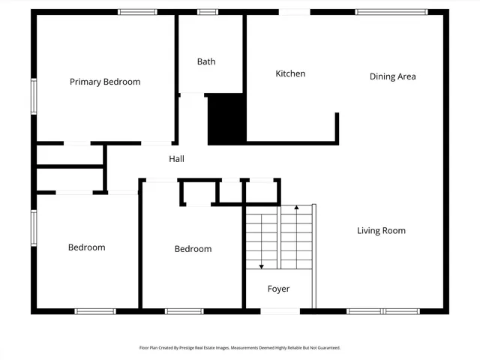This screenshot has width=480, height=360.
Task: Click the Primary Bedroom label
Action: tap(105, 82)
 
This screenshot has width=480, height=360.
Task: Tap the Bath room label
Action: tap(206, 61)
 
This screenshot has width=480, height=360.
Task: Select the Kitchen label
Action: tap(290, 73)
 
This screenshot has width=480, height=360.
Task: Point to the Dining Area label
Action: tap(392, 76)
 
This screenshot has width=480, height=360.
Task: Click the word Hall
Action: tap(176, 159)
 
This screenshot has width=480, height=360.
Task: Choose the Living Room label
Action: tap(381, 230)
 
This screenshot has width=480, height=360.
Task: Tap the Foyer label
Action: tap(278, 289)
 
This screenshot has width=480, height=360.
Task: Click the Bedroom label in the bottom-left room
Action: tap(86, 247)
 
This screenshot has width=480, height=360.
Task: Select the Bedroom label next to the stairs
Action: tap(193, 249)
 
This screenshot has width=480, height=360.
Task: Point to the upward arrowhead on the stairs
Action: tap(296, 208)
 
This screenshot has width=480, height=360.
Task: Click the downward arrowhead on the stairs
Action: tap(261, 265)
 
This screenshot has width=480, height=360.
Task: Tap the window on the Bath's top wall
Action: tap(208, 12)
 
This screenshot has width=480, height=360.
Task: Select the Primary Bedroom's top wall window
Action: tap(138, 12)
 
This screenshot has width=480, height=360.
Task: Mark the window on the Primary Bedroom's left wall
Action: tap(34, 97)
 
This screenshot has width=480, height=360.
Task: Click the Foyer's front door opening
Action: tap(279, 310)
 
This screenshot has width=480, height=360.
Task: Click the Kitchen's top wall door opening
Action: tap(294, 12)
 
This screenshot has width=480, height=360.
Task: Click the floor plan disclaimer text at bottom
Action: tap(240, 348)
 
